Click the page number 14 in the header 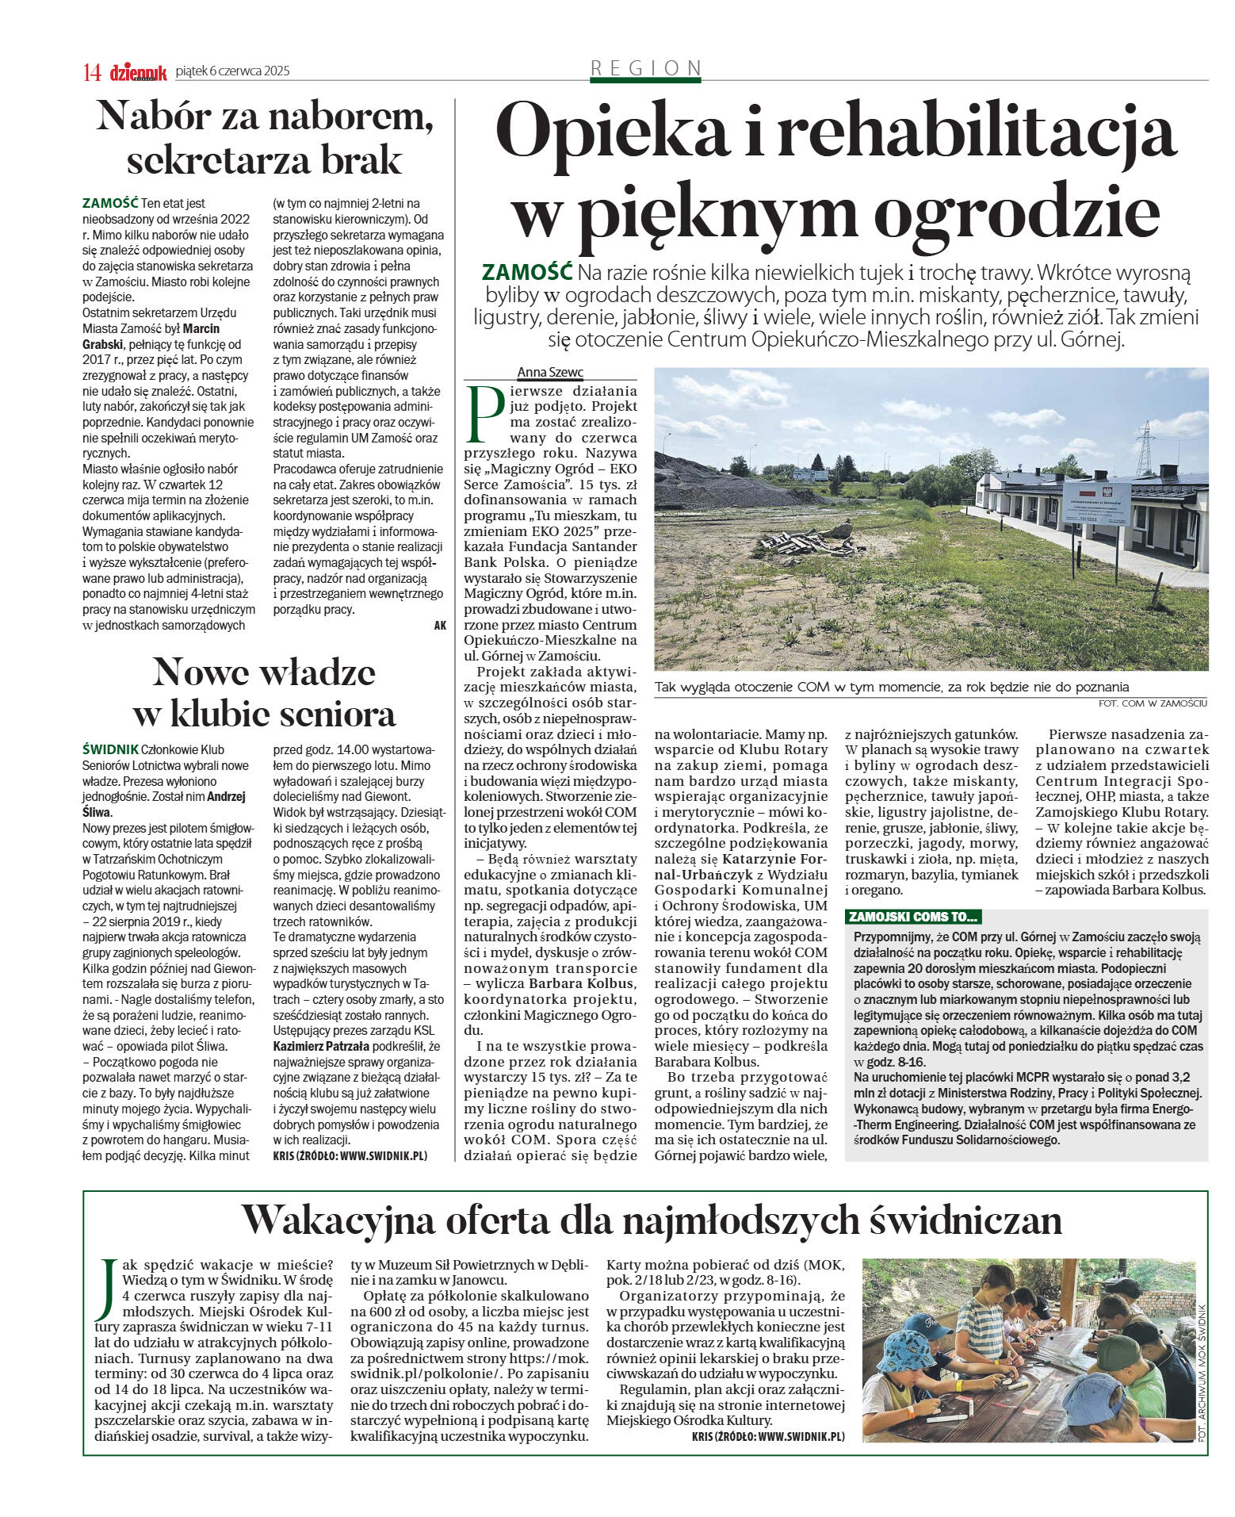(x=92, y=72)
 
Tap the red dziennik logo (x=139, y=72)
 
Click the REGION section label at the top (x=646, y=68)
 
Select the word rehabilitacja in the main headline (x=975, y=132)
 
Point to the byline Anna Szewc (x=550, y=372)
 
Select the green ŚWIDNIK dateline (x=109, y=749)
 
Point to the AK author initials (x=440, y=625)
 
